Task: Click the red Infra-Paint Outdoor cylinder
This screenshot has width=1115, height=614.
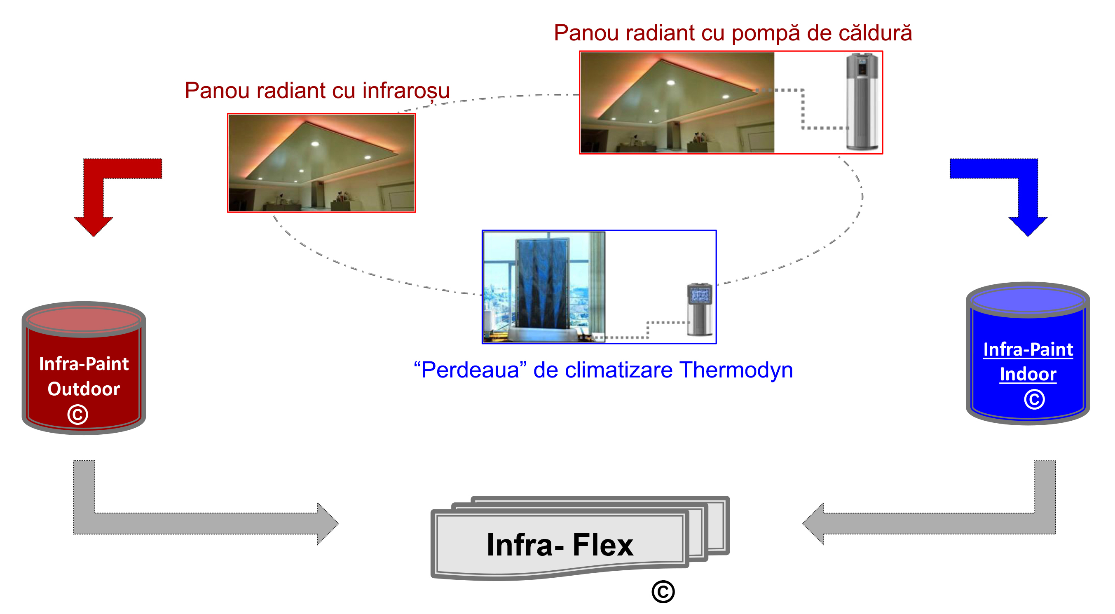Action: (84, 368)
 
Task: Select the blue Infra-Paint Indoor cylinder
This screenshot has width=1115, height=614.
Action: (1028, 353)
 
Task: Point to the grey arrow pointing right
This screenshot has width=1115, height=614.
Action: (130, 523)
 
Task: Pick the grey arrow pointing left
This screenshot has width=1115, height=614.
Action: (996, 523)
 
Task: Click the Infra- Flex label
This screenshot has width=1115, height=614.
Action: (560, 545)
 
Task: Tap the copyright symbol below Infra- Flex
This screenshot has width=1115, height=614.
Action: (663, 591)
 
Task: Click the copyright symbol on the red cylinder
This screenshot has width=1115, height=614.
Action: (78, 415)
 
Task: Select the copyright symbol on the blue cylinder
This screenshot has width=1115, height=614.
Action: (1034, 399)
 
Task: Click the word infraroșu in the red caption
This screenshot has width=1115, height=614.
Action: (406, 91)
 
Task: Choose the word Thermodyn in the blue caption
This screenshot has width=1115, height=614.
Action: (736, 370)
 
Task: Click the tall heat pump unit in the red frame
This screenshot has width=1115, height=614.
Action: (862, 102)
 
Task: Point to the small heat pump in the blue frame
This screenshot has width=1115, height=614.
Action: (700, 309)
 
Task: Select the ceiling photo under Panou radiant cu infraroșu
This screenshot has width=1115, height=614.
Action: (321, 163)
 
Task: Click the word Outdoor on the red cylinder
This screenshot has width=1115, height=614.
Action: (84, 389)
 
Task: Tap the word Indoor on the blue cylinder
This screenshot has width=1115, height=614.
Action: (1028, 374)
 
